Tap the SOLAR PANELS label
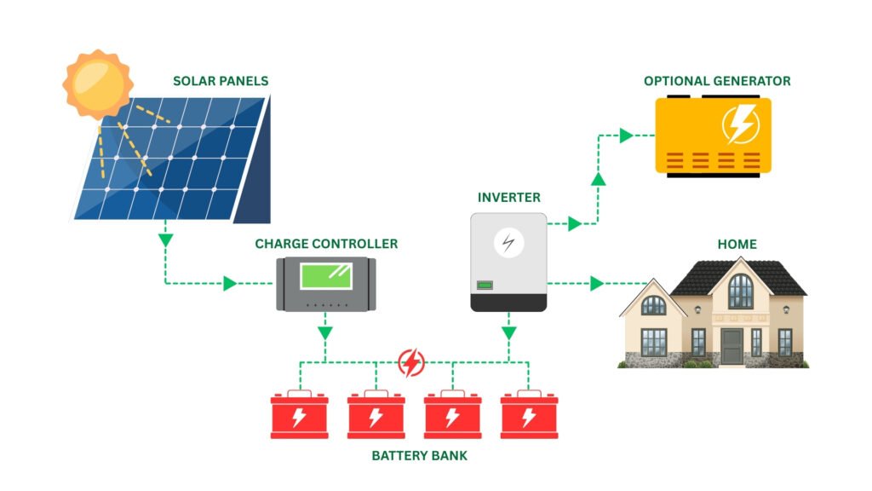[x=221, y=82]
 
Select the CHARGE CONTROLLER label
[x=326, y=244]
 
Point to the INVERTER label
[x=509, y=198]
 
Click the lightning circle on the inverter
[x=509, y=243]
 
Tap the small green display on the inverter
[x=485, y=285]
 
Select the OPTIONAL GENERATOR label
[x=717, y=81]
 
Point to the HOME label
[x=737, y=245]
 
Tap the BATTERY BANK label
[x=419, y=456]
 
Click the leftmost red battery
[x=299, y=415]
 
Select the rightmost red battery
[x=529, y=415]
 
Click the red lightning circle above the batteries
[x=411, y=363]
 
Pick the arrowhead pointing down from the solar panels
[x=165, y=240]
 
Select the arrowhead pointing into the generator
[x=627, y=135]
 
